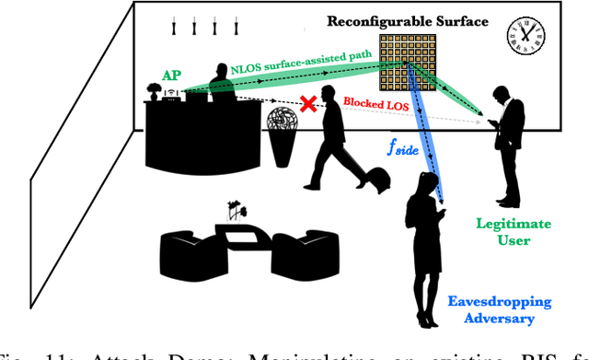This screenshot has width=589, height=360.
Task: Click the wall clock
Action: point(525,36)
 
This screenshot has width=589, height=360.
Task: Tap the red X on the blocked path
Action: point(309,106)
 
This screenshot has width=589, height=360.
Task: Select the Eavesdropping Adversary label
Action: point(486,309)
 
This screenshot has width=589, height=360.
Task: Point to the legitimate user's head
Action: point(502,94)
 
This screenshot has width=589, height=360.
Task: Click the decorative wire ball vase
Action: point(283,125)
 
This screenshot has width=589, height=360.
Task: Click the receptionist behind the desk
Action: point(219,84)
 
